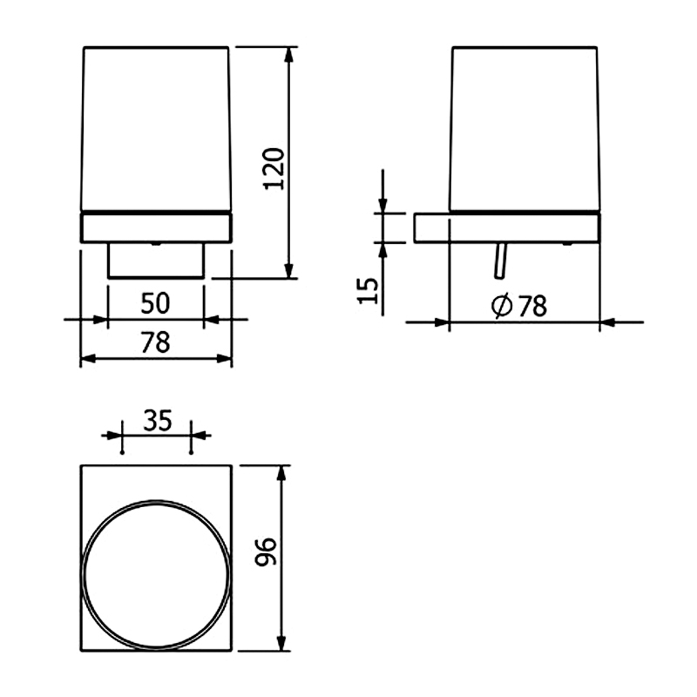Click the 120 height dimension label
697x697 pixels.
pos(274,169)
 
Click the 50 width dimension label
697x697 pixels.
pos(155,303)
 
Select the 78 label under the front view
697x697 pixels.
pos(156,342)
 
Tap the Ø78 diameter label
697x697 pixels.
pos(519,306)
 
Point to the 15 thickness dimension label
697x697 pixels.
pos(368,291)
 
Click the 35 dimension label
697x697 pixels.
pos(158,421)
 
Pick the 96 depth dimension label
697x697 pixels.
pos(266,552)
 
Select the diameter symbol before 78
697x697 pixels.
pos(503,306)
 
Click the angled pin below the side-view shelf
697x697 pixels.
pos(500,261)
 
